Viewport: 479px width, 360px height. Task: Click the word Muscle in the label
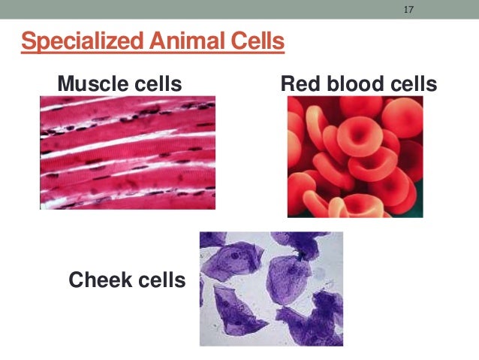point(94,83)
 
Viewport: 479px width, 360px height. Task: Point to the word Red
point(297,83)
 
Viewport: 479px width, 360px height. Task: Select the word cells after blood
point(410,83)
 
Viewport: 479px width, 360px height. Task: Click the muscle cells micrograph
point(128,152)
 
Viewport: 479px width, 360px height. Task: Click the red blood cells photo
point(355,156)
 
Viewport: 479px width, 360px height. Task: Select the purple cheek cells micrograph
point(271,289)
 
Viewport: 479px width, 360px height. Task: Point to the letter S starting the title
point(28,41)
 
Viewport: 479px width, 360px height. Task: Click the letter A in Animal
point(152,41)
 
